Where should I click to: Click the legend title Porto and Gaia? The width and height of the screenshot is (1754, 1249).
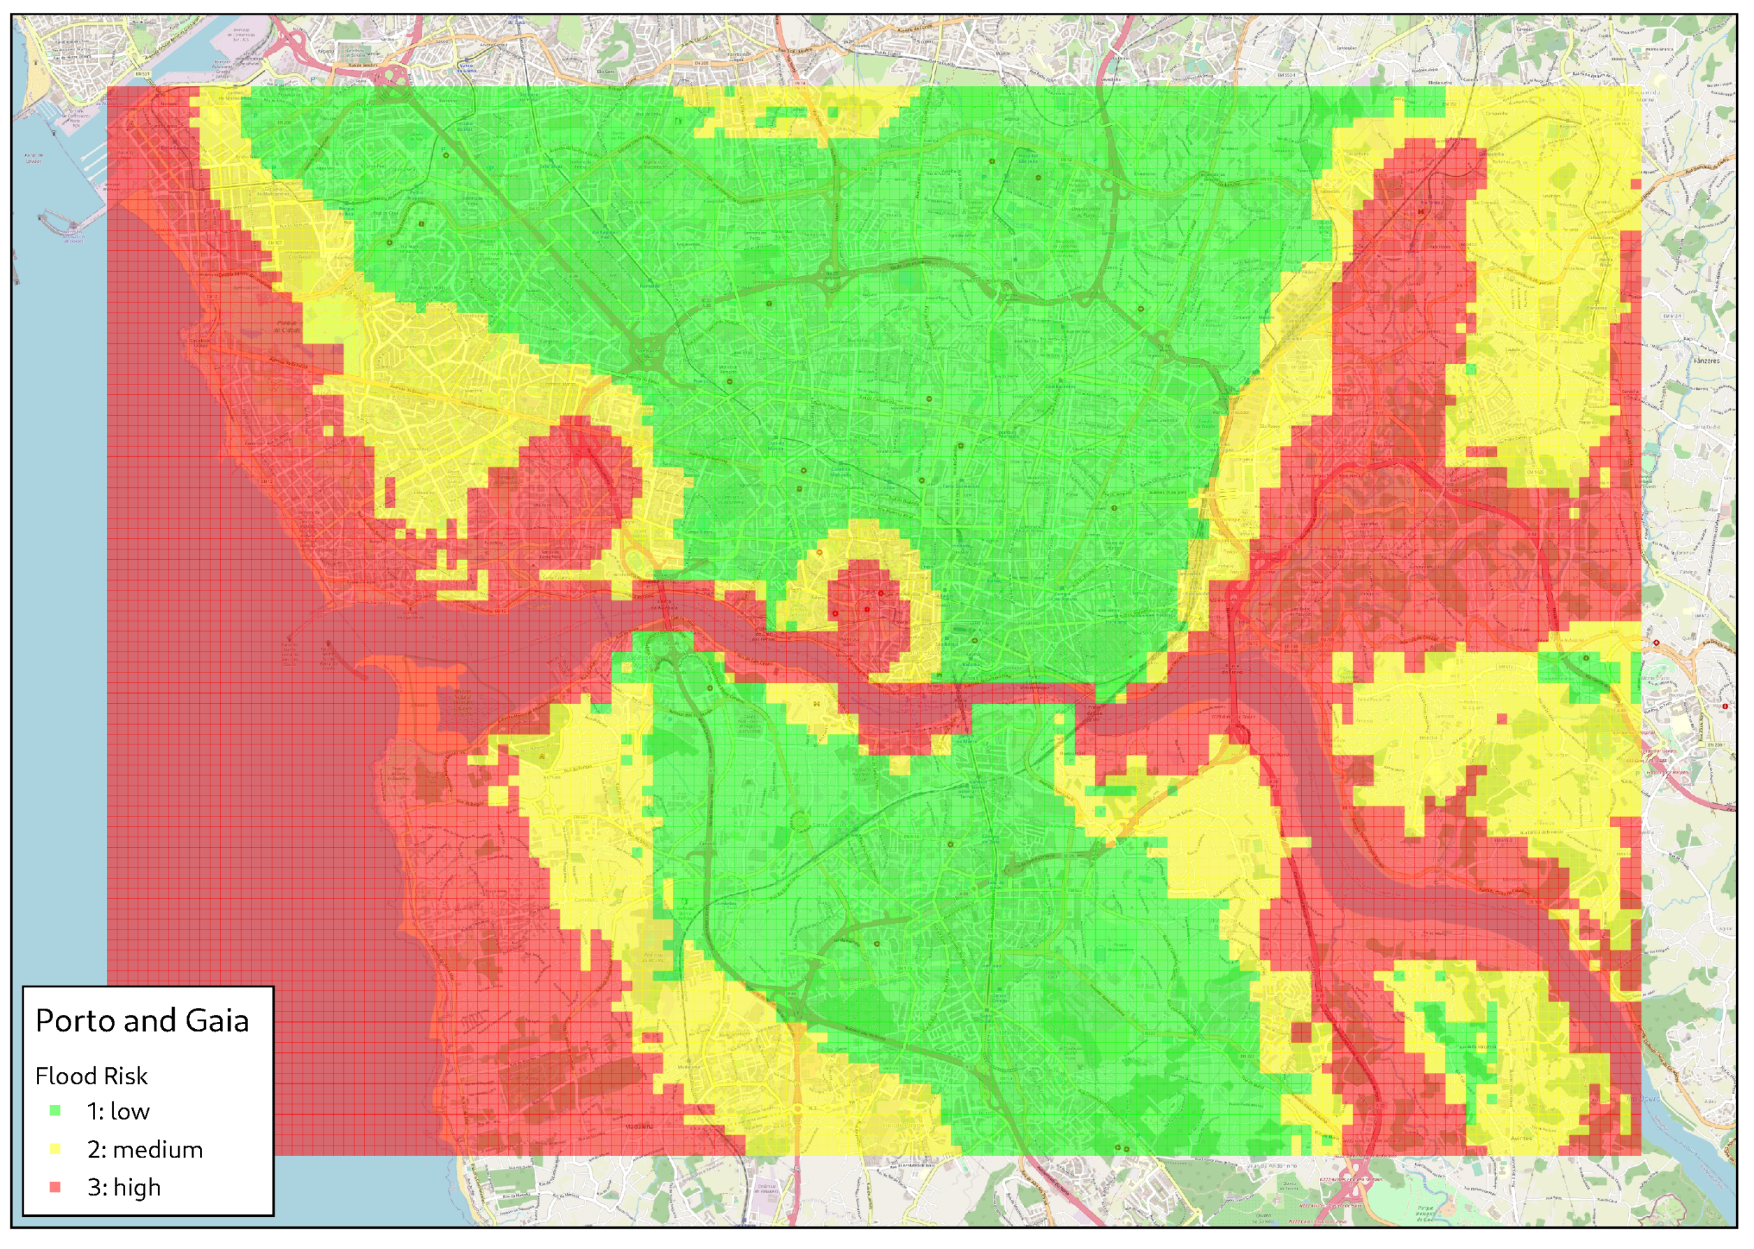click(143, 1020)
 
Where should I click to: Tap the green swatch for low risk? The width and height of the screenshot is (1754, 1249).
click(55, 1111)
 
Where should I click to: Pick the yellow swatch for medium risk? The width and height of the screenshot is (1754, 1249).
click(55, 1149)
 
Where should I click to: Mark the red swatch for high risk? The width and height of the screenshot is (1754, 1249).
click(55, 1187)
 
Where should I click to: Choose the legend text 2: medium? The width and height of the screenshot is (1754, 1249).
click(145, 1150)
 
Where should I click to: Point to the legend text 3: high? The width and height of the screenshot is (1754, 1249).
click(124, 1187)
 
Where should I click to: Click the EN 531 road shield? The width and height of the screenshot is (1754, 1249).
click(143, 74)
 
